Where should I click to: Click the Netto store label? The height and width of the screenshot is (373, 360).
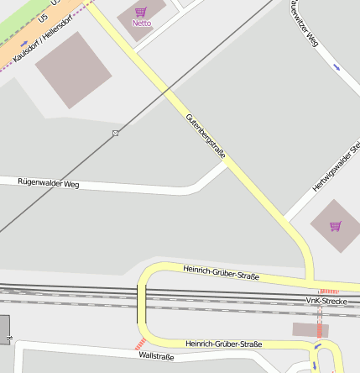pos(142,23)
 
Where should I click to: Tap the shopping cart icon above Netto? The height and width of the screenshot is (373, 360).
pos(141,11)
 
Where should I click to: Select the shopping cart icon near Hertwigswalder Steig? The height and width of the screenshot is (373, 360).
pos(336,226)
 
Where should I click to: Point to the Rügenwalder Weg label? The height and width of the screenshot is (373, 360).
pos(48,182)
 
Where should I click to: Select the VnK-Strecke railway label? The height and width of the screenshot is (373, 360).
pos(326,300)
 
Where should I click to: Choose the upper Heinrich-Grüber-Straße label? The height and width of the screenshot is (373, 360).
pos(221,271)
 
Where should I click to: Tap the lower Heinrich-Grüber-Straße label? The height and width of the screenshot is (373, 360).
pos(224,344)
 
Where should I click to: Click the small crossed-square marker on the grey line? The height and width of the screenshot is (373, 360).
pos(116,133)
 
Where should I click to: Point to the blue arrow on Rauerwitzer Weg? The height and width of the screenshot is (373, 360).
pos(337,66)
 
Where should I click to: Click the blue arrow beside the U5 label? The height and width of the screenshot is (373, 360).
pos(23,42)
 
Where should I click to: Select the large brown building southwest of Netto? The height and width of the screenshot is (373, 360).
pos(74,71)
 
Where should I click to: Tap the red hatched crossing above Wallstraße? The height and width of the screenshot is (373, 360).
pos(140,344)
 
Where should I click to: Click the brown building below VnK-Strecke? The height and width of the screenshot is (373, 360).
pos(309,330)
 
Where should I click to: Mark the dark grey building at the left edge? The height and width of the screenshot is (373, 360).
pos(3,327)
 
